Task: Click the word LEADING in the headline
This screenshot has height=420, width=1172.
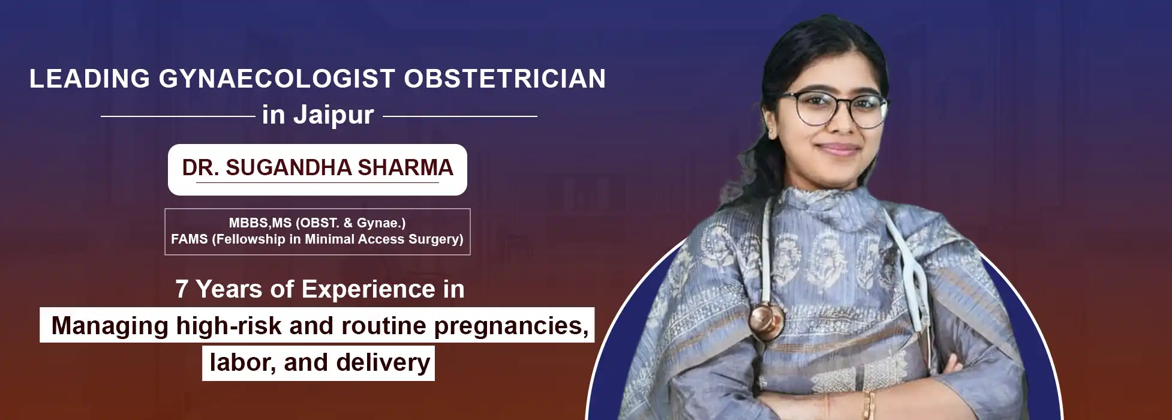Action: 89,79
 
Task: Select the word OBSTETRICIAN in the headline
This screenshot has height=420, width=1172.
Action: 505,79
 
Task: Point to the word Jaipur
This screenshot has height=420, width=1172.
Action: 333,115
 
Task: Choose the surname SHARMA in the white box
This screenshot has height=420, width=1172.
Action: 405,168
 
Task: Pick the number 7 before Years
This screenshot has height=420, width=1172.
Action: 182,290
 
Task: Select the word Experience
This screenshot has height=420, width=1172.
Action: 368,290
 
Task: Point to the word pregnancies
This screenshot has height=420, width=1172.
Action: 511,326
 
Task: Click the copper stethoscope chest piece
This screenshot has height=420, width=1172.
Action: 766,320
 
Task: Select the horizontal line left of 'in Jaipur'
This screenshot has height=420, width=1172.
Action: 178,116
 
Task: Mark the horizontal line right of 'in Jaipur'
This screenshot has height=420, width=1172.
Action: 460,116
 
